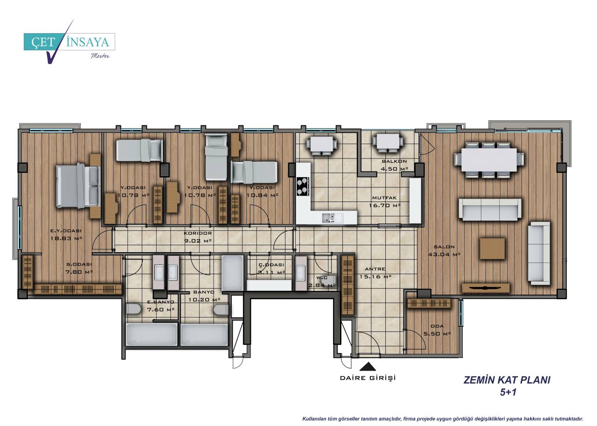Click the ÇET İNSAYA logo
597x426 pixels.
click(x=69, y=42)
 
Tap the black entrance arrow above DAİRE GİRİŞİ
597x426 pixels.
click(x=368, y=366)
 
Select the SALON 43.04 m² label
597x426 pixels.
click(x=444, y=251)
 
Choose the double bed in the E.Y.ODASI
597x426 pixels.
click(x=79, y=186)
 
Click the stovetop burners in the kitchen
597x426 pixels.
click(x=303, y=186)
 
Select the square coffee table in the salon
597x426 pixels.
click(x=493, y=248)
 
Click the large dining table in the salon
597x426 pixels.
click(x=489, y=160)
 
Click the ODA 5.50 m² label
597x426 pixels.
click(x=437, y=330)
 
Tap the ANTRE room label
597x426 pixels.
click(x=375, y=269)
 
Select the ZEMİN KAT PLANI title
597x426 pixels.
click(x=507, y=380)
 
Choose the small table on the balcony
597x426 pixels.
click(x=388, y=143)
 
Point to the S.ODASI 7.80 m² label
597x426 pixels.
click(x=79, y=268)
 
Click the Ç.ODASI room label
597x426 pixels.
click(x=271, y=265)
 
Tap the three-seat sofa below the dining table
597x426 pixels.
click(x=490, y=210)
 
